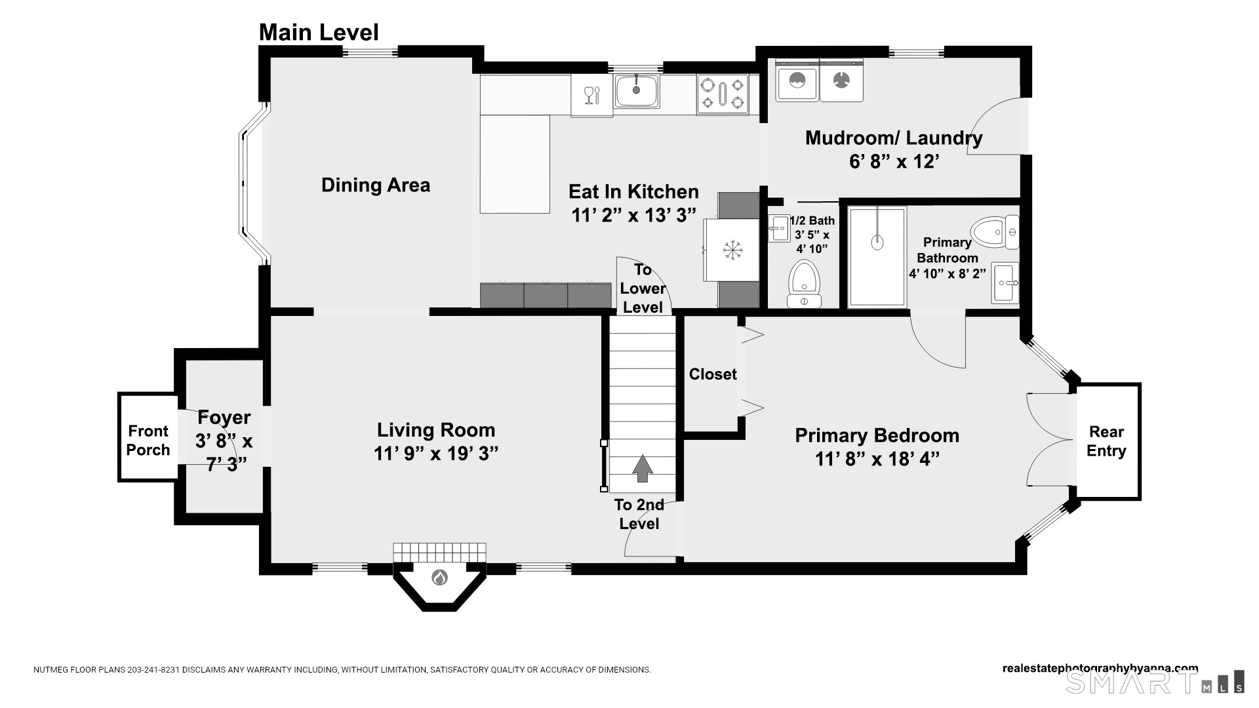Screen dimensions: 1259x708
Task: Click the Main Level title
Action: coord(319,32)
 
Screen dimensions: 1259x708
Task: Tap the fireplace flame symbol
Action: coord(439,578)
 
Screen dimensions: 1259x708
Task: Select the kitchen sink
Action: coord(637,91)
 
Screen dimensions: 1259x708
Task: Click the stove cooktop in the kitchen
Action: coord(723,94)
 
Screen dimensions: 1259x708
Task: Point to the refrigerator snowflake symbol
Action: coord(732,250)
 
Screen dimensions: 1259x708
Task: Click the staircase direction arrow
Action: coord(642,469)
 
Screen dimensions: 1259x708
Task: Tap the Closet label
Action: coord(713,374)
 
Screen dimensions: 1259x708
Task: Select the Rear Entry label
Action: coord(1106,441)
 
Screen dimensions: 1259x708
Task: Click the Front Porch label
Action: coord(148,441)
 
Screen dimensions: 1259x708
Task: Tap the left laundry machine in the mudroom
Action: coord(797,80)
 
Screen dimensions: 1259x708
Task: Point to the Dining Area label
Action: coord(376,186)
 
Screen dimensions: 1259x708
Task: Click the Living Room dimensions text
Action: coord(436,454)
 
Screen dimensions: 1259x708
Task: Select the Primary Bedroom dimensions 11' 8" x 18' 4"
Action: coord(877,459)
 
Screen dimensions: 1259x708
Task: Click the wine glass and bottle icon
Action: coord(591,95)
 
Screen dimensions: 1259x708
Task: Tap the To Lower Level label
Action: coord(643,288)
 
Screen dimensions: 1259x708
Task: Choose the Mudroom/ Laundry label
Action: coord(894,138)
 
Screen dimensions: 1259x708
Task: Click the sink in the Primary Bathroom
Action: coord(1005,283)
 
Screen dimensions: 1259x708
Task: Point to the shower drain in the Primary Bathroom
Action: coord(877,243)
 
